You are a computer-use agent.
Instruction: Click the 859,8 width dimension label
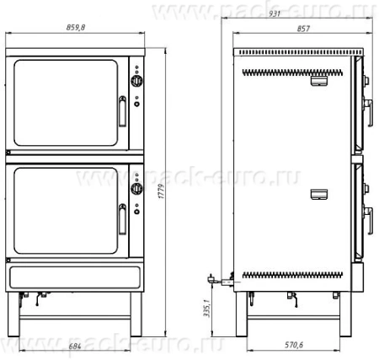pos(76,27)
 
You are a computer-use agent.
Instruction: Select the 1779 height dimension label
pos(161,191)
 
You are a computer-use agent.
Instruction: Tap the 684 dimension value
pos(75,346)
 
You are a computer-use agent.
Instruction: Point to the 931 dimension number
pos(275,13)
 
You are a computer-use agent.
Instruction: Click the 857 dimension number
pos(303,29)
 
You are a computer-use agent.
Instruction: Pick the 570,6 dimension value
pos(294,345)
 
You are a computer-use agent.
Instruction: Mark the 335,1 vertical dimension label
pos(206,309)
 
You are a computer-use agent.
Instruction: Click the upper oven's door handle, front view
pos(122,111)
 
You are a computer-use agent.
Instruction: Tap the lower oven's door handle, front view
pos(122,219)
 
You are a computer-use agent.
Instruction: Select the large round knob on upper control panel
pos(137,81)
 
